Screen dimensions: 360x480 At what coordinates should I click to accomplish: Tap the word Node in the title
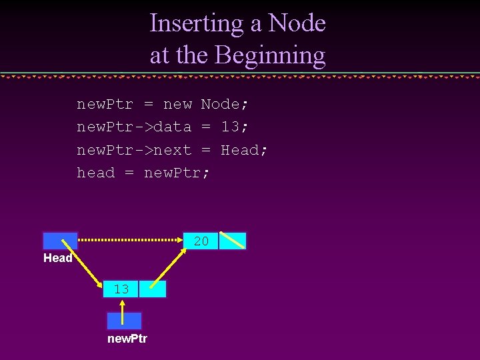pyautogui.click(x=297, y=23)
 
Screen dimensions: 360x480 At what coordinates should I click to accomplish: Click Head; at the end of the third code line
pyautogui.click(x=244, y=150)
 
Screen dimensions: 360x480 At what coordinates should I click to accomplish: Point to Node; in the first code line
pyautogui.click(x=225, y=104)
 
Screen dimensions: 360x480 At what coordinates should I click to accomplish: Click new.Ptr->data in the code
pyautogui.click(x=134, y=127)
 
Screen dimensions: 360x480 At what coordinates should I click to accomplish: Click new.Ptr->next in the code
pyautogui.click(x=134, y=150)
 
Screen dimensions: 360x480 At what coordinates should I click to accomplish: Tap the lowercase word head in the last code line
pyautogui.click(x=95, y=173)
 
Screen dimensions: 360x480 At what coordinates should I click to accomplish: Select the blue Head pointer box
pyautogui.click(x=60, y=241)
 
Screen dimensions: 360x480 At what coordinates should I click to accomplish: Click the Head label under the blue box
pyautogui.click(x=58, y=258)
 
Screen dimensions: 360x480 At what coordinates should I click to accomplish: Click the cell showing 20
pyautogui.click(x=201, y=241)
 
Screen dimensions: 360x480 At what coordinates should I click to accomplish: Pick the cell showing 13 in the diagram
pyautogui.click(x=121, y=289)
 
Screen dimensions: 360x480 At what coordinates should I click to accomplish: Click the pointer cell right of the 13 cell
pyautogui.click(x=153, y=289)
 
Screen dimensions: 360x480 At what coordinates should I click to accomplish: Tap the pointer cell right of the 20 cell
pyautogui.click(x=233, y=241)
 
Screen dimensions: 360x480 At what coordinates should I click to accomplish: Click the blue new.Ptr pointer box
pyautogui.click(x=124, y=321)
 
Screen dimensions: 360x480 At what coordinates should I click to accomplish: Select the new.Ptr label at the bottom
pyautogui.click(x=127, y=339)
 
